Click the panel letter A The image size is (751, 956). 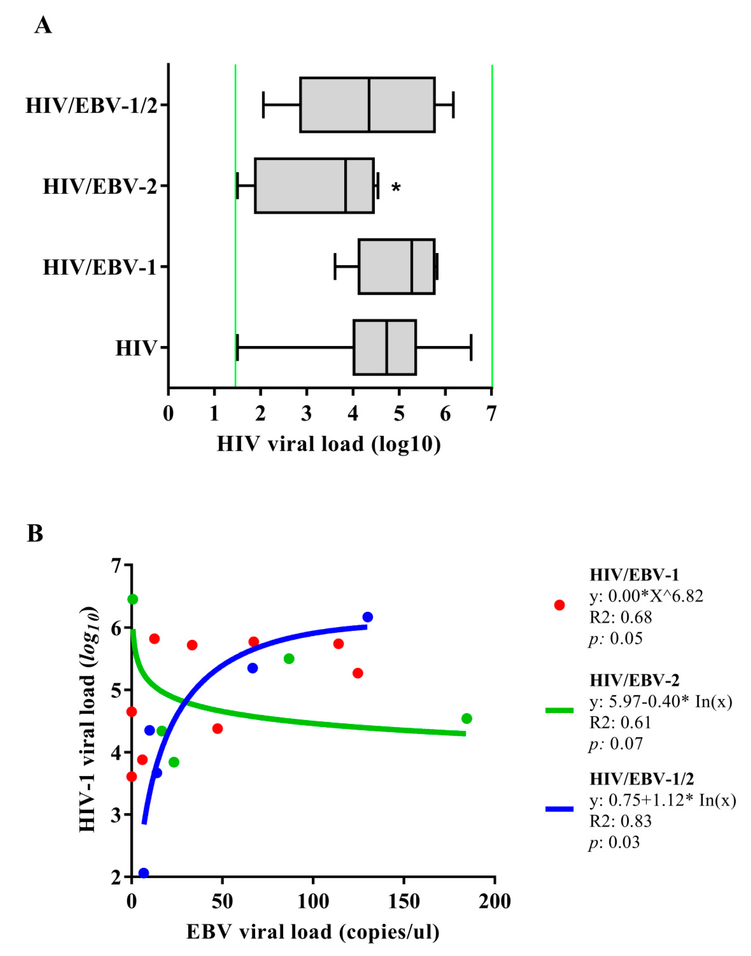coord(43,25)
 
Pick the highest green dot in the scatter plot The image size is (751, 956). coord(132,599)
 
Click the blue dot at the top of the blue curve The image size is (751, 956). coord(368,617)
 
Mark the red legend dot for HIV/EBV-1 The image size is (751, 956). coord(559,605)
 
